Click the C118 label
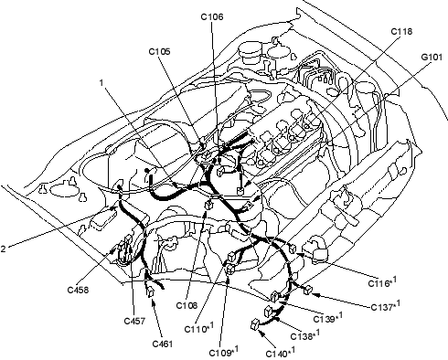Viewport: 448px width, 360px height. point(401,31)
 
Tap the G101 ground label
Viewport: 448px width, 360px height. point(432,57)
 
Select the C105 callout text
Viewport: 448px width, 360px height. point(159,51)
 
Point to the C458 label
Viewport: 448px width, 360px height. point(78,290)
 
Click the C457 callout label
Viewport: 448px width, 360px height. point(134,321)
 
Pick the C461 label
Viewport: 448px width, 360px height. point(163,344)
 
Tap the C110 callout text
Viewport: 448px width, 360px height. point(199,328)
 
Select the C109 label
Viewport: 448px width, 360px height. point(224,351)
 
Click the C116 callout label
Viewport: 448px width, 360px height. point(383,281)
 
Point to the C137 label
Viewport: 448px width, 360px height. point(386,305)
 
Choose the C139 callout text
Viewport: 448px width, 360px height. point(328,317)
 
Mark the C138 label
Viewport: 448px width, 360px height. point(305,334)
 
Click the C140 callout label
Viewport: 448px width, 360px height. point(281,352)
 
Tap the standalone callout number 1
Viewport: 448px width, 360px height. point(101,82)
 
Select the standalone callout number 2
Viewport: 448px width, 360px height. point(3,249)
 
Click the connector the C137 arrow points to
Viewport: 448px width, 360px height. point(308,290)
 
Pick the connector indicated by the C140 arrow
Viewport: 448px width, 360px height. point(255,324)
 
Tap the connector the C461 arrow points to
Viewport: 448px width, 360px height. point(151,291)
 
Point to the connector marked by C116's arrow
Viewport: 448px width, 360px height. point(293,249)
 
